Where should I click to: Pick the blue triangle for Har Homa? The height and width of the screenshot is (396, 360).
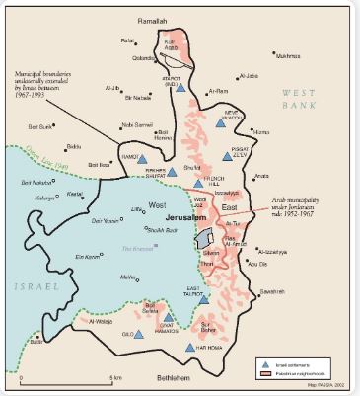[189, 348]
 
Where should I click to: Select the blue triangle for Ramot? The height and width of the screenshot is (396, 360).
[141, 159]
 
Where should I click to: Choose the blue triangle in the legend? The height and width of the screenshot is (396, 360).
[264, 363]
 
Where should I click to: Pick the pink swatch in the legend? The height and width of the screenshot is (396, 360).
[264, 373]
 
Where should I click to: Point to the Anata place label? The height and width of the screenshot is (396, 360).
[260, 177]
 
